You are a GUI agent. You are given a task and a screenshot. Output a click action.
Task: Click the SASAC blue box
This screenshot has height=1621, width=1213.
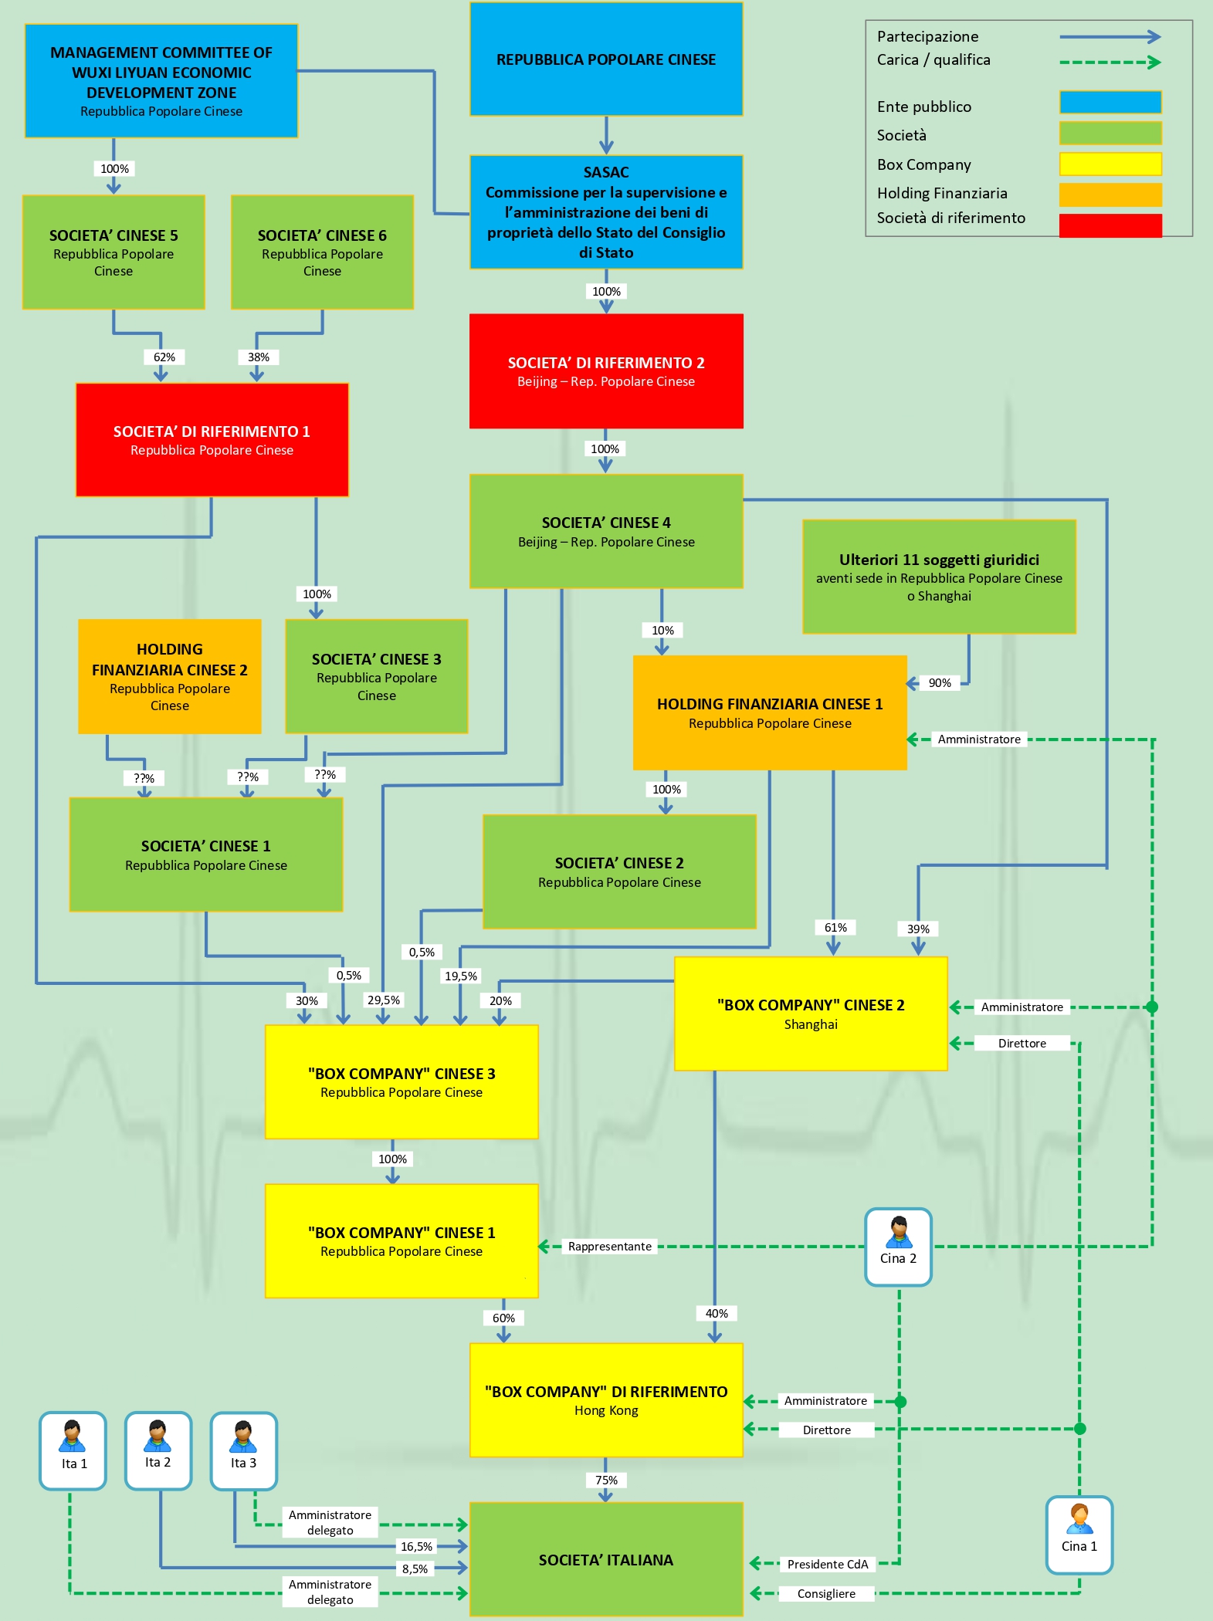[x=606, y=212]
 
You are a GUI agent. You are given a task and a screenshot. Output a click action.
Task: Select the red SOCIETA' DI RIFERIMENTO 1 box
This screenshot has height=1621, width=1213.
[x=212, y=440]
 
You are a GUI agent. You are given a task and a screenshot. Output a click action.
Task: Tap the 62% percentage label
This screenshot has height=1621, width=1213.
[x=164, y=357]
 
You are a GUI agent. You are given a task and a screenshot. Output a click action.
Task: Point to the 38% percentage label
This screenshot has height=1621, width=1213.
[x=259, y=357]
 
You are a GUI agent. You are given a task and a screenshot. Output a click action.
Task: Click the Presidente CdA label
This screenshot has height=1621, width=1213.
[x=828, y=1564]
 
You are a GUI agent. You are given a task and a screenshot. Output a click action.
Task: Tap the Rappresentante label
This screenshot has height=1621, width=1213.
[x=610, y=1246]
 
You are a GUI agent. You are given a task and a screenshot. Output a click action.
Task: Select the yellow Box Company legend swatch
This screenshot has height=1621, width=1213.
[x=1110, y=164]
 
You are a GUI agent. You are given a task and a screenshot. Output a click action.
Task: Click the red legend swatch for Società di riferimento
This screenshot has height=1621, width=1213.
[x=1110, y=225]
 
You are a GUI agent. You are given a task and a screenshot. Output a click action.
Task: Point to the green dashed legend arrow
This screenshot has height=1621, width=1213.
[x=1110, y=63]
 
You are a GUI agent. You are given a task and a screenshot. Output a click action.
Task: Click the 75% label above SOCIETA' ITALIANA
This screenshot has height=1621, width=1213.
[x=606, y=1480]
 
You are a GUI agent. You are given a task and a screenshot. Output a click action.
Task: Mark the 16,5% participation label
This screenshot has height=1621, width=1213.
[x=416, y=1546]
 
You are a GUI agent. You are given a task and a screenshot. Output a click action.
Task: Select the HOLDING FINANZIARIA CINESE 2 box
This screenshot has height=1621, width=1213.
[x=170, y=676]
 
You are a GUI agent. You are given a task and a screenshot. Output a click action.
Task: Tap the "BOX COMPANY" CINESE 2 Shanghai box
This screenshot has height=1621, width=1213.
[x=811, y=1014]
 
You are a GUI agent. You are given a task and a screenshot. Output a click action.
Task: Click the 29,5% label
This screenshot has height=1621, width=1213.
[x=384, y=1000]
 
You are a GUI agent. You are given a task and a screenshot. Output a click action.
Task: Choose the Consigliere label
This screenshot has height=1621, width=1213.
[x=826, y=1593]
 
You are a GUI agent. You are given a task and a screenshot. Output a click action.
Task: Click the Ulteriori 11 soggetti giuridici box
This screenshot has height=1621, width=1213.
[x=939, y=577]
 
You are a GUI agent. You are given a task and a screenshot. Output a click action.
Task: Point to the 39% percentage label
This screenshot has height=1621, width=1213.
[x=918, y=929]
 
